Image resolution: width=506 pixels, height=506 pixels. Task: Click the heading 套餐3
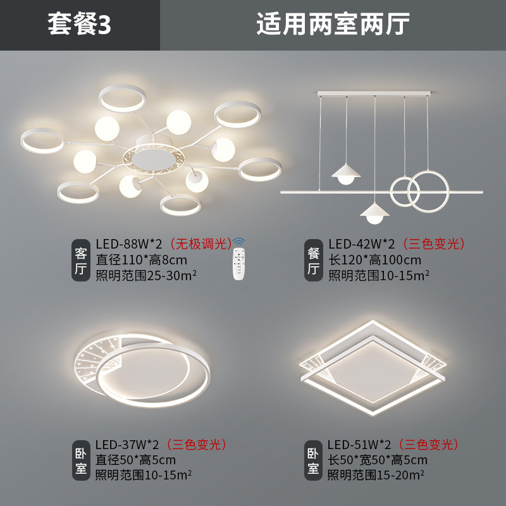80,25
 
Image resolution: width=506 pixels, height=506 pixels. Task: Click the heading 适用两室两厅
333,25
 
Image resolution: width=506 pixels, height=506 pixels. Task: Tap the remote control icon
238,264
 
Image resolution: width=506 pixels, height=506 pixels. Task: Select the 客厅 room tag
80,260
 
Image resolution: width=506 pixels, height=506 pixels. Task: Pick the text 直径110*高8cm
141,259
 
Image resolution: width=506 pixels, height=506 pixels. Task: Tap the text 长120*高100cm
375,259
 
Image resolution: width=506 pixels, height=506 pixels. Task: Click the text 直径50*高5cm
136,459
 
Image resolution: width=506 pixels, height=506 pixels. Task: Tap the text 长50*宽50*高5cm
378,459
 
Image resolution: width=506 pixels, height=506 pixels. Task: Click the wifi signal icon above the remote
238,242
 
